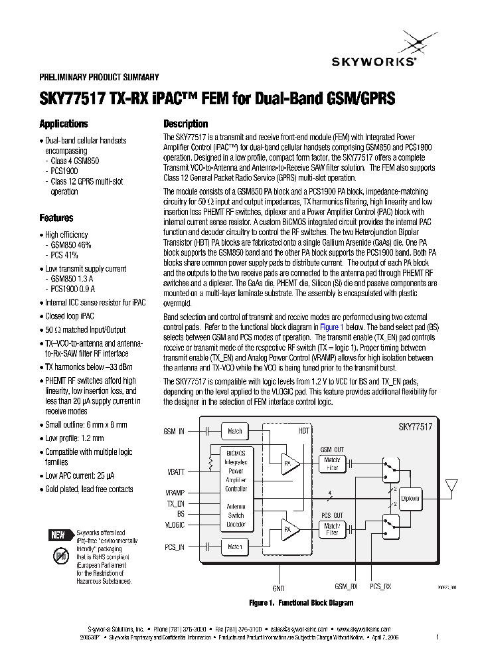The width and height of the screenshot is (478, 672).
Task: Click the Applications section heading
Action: [64, 124]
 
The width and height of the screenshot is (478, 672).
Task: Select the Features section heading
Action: [56, 218]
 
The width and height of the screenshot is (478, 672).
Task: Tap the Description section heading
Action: [186, 124]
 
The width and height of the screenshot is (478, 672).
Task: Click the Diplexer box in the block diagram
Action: [412, 497]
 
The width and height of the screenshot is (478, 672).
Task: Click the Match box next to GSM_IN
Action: [235, 431]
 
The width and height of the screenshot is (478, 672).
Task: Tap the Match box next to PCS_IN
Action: [235, 547]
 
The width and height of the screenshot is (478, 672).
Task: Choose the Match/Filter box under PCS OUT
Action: [332, 529]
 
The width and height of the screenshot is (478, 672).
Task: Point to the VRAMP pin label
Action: [175, 493]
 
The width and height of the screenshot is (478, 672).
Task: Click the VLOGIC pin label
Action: [175, 525]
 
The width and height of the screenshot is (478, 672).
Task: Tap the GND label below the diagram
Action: [278, 588]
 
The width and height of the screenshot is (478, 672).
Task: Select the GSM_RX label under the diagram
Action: [346, 587]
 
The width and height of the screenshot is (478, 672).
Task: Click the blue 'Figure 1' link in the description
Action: [332, 327]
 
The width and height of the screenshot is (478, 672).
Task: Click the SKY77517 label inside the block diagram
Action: [415, 428]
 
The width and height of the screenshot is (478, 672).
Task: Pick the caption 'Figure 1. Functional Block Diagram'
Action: [301, 603]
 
